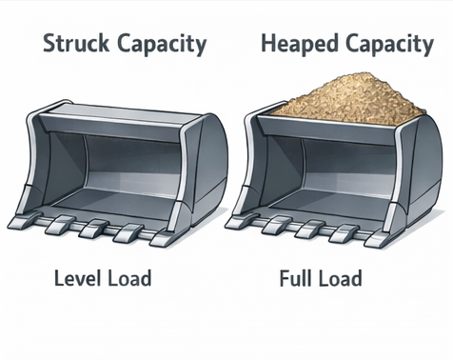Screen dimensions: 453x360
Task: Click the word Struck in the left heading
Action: (x=76, y=43)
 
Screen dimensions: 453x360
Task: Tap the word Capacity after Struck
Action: (x=162, y=45)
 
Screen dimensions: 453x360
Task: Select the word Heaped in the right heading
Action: (x=299, y=45)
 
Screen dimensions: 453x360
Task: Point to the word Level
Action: (x=78, y=278)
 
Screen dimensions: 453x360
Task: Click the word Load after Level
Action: (x=129, y=278)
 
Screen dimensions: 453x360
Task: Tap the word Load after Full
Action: (x=340, y=278)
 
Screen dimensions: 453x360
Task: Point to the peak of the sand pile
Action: (x=370, y=73)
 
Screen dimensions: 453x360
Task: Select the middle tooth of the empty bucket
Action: (x=93, y=228)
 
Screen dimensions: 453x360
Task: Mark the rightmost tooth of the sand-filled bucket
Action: (x=377, y=239)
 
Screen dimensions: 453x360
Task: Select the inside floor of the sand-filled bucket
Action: (x=330, y=203)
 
